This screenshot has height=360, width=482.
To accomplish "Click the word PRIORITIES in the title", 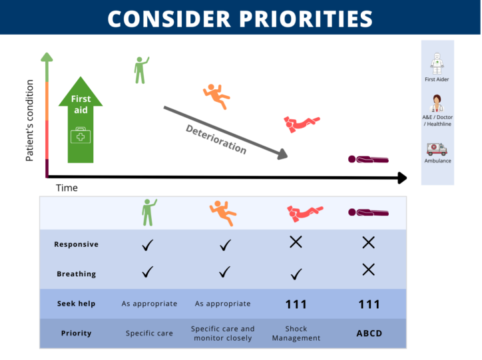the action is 306,19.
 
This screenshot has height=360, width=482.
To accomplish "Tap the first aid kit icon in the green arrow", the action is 81,135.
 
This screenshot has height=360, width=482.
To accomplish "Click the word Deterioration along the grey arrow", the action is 216,139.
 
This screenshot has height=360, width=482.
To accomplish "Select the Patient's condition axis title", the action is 29,120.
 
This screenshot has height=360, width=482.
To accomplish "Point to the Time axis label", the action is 67,188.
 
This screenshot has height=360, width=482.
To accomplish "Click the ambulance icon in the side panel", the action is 437,149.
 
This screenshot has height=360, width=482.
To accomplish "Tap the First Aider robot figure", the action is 437,64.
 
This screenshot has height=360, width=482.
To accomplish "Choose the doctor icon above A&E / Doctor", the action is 437,104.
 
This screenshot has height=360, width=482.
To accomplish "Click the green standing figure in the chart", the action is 141,70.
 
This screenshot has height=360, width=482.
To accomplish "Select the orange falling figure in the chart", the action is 216,96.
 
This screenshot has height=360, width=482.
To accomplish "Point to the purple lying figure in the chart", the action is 368,160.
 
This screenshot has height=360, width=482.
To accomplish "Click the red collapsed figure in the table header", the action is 305,213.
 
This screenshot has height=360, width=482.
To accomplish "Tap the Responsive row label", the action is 77,244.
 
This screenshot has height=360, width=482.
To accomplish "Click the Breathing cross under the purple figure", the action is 368,270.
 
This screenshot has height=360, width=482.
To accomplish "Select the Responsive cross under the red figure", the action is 296,242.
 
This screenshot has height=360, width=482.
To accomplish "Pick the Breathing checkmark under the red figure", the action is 296,274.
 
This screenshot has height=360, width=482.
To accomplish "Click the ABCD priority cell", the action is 369,333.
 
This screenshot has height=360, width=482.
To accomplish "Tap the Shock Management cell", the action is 296,333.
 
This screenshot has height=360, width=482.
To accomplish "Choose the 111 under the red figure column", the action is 296,304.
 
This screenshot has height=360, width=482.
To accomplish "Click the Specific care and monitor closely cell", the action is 223,333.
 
